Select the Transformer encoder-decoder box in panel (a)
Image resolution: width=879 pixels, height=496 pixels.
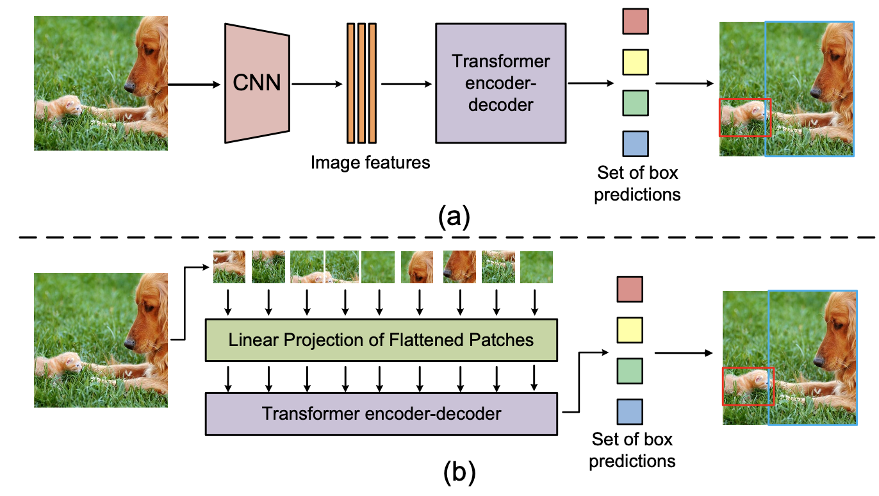500,83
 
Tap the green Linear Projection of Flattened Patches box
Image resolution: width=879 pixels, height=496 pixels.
381,339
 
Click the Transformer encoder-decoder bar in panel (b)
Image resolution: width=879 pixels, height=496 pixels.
381,414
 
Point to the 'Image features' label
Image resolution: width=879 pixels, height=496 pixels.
370,163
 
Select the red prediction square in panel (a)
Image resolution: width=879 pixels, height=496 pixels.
635,21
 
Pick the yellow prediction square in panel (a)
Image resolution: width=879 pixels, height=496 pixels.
635,62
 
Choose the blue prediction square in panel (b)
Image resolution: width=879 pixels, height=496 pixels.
629,411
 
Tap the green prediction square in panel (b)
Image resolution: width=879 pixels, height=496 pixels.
629,371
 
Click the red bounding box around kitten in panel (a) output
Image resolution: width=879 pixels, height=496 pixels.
745,117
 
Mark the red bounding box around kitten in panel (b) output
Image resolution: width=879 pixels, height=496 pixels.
748,386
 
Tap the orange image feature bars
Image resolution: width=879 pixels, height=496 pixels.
361,83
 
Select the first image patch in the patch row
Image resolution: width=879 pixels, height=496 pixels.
229,267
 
